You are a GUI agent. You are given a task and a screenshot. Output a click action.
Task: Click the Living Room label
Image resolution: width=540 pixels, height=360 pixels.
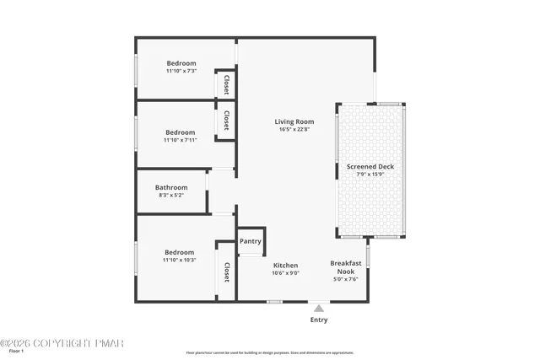pos(294,121)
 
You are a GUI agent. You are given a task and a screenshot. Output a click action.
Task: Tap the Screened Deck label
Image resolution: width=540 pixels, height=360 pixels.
pos(370,167)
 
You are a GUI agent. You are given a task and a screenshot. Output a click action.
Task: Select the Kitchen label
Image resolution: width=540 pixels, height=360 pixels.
pos(285,265)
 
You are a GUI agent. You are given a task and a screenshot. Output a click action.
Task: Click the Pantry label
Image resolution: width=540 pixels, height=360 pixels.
pos(251,241)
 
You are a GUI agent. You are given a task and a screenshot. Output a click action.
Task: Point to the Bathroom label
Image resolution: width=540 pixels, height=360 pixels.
pos(170,187)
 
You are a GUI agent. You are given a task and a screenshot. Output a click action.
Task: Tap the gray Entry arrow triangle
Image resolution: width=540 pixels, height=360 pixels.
pos(319,309)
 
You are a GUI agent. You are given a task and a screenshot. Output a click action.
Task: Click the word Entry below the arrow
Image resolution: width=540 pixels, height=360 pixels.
pos(319,320)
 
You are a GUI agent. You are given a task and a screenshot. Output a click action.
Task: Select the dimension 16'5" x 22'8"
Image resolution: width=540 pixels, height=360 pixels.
pos(294,129)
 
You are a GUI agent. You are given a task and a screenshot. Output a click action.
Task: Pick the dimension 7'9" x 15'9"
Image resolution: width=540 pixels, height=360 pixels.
pos(370,175)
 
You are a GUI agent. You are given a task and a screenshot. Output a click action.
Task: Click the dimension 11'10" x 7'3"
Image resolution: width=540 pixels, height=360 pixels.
pos(181,71)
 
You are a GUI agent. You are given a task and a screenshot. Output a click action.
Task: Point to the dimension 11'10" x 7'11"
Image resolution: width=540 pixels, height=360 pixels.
pos(180,140)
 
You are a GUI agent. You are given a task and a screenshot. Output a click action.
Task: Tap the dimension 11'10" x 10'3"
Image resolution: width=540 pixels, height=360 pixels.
pos(180,260)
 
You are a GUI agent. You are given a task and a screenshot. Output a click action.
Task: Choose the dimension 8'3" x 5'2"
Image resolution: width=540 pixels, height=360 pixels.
pos(170,195)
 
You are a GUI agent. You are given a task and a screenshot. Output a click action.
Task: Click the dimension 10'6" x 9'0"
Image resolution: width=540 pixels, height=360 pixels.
pos(285,272)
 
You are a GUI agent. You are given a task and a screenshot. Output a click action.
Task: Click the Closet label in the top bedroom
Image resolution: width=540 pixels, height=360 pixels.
pos(226,85)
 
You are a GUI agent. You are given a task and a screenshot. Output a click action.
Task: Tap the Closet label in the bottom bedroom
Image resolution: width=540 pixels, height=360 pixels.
pos(226,273)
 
